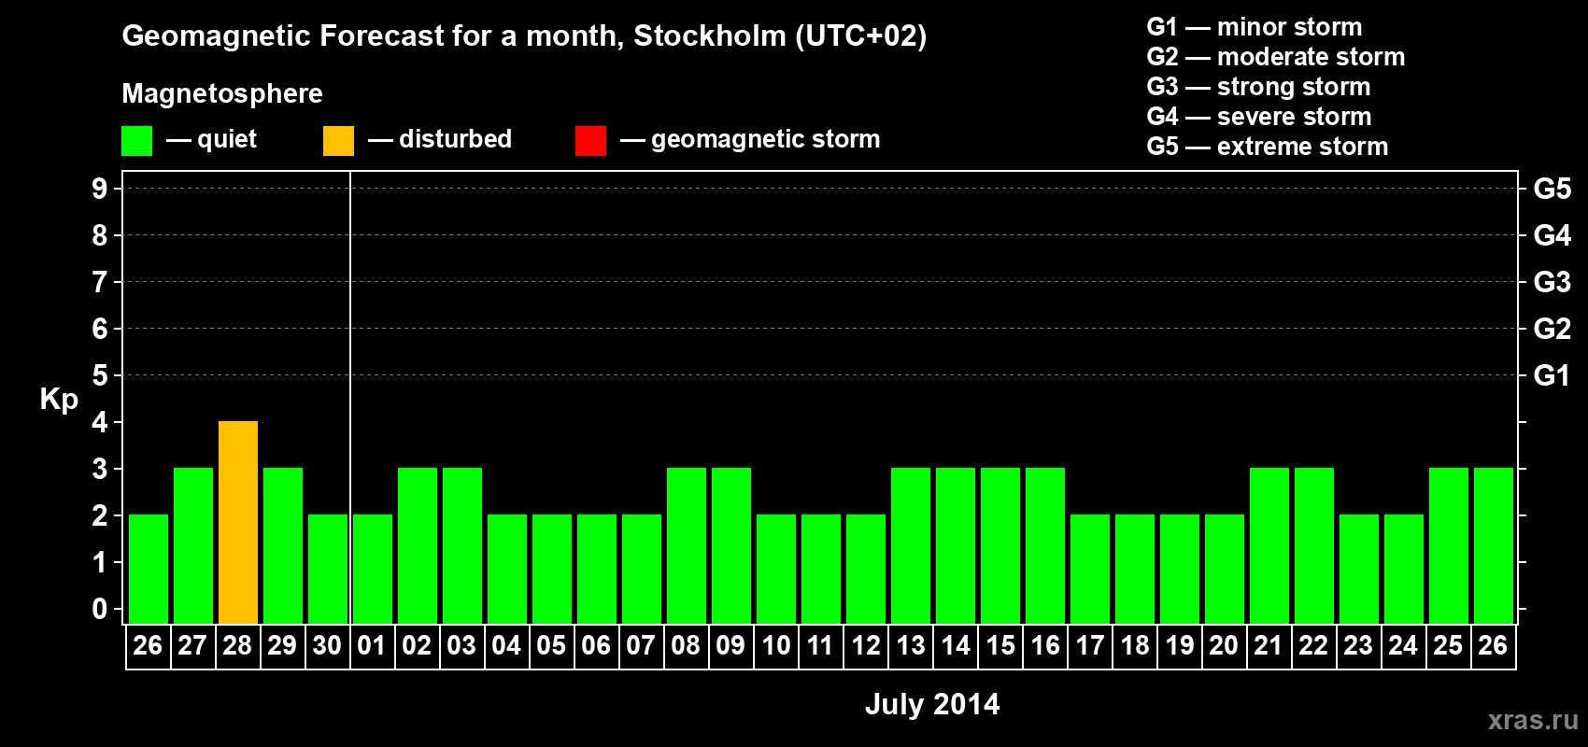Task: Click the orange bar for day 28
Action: (x=238, y=522)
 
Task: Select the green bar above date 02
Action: (x=418, y=545)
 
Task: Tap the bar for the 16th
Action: (x=1045, y=545)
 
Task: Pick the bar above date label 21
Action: (x=1269, y=545)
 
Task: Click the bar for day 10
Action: (x=776, y=569)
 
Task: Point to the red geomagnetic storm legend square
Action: (x=590, y=141)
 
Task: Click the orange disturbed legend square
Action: (x=338, y=141)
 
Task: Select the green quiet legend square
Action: (x=136, y=141)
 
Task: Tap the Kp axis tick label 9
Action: (x=100, y=189)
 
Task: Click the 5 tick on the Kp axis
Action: (x=100, y=375)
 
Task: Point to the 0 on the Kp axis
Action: (x=100, y=609)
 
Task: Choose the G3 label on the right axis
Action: (x=1552, y=282)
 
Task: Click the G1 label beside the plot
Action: (x=1552, y=375)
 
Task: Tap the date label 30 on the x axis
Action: (x=327, y=645)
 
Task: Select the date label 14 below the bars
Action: (x=956, y=645)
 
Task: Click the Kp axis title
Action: (x=59, y=400)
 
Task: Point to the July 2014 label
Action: (x=932, y=704)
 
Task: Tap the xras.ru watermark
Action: (x=1532, y=720)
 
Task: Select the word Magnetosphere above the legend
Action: (x=222, y=93)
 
